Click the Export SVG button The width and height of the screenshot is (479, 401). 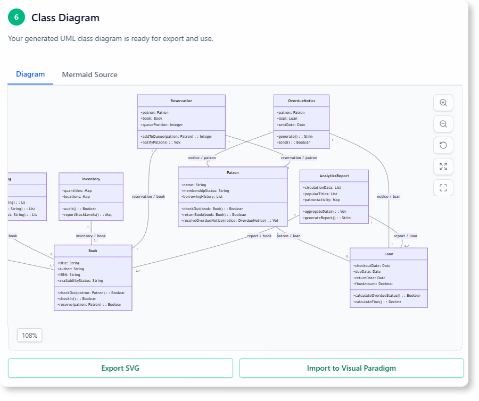coord(120,368)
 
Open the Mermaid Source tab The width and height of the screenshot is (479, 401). coord(89,74)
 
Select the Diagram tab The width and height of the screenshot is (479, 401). coord(30,74)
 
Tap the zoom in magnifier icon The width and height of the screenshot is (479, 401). coord(443,103)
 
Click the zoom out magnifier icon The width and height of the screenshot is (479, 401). coord(443,124)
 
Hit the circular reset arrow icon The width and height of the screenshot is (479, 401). coord(443,145)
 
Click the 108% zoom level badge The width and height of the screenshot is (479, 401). coord(30,336)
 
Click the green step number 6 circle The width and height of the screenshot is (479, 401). coord(16,18)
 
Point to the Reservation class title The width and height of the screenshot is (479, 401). coord(181,101)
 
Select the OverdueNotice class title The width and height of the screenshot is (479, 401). coord(302,101)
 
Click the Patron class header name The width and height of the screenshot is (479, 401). coord(233,173)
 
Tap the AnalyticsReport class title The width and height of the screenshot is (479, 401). coord(334,176)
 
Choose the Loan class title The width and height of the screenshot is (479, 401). coord(389,254)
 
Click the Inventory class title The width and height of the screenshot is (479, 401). coord(91,179)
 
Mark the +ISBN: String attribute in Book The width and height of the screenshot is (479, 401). coord(69,274)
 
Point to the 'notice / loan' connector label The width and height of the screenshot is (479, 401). coord(389,196)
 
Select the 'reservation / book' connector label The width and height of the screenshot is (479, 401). coord(148,196)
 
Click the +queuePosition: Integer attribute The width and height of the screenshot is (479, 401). coord(162,124)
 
